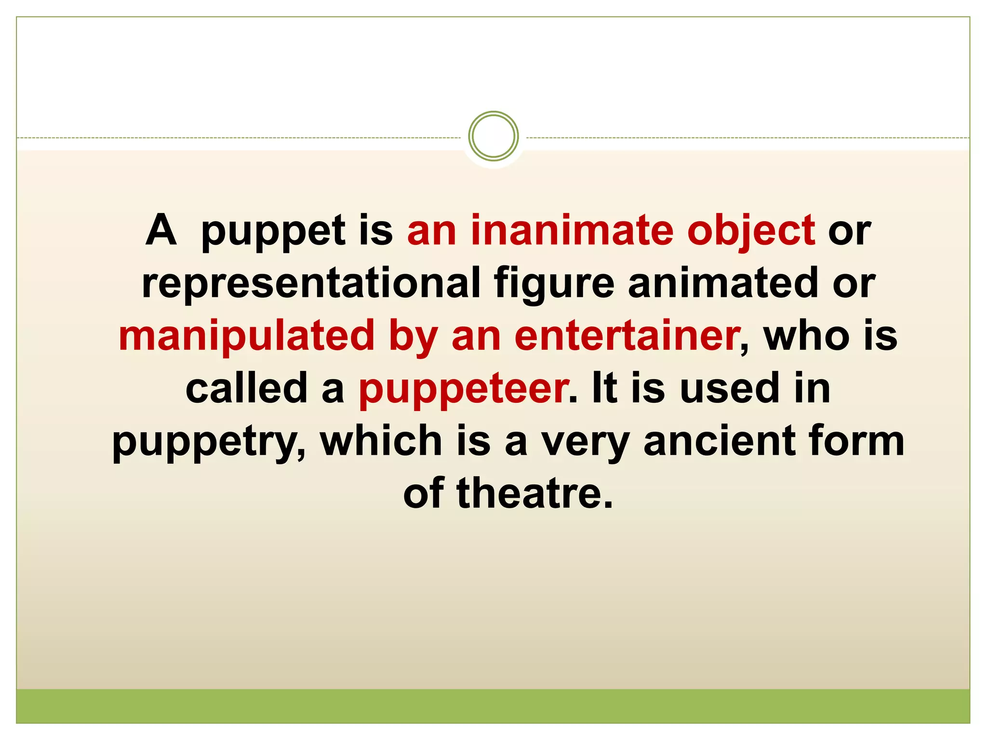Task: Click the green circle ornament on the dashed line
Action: click(x=493, y=136)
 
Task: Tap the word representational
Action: click(x=311, y=283)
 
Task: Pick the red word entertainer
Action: click(x=627, y=336)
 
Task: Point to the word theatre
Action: click(x=534, y=493)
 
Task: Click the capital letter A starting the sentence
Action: click(x=161, y=230)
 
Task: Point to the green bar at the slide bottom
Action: click(x=493, y=706)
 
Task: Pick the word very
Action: click(x=585, y=443)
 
